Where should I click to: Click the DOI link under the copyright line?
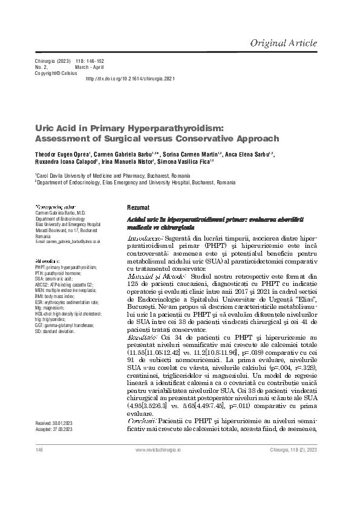131,79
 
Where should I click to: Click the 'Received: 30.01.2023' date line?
55,423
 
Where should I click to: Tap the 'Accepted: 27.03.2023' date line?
55,429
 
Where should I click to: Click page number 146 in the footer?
39,451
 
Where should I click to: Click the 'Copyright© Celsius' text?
56,73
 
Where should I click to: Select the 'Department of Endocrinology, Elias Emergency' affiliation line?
127,181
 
